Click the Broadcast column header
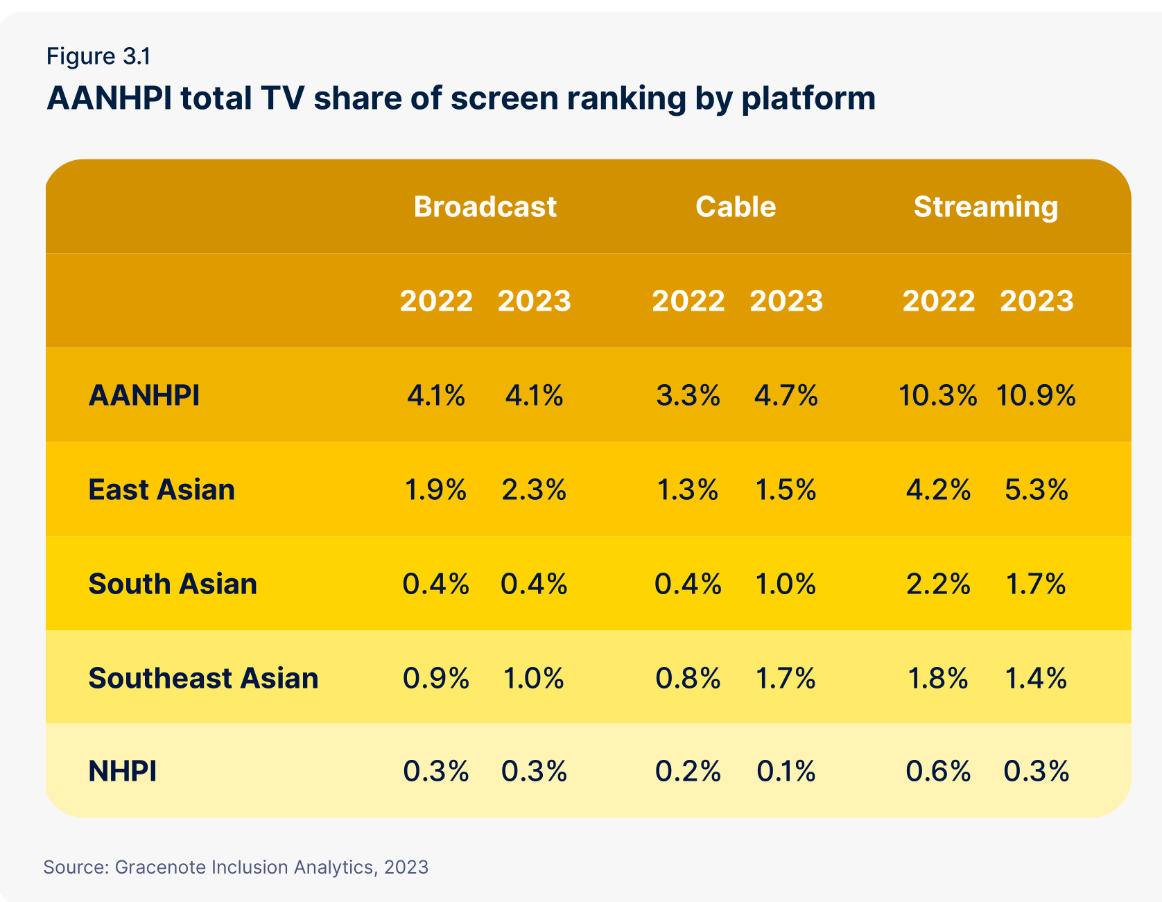pos(485,207)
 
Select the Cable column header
pos(736,207)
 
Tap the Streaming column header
pos(985,207)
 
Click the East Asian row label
pos(162,489)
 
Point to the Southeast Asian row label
pos(203,677)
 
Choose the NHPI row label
pos(123,771)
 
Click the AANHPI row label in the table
pos(144,395)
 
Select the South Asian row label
pos(173,584)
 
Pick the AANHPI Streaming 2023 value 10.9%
pos(1036,395)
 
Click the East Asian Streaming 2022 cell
pos(938,489)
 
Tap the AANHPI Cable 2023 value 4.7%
pos(786,395)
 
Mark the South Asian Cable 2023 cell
pos(786,584)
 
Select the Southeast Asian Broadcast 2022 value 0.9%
pos(436,677)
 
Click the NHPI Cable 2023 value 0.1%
pos(786,771)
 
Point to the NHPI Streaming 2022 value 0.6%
pos(938,771)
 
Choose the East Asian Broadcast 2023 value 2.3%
pos(534,489)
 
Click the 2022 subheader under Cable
pos(688,301)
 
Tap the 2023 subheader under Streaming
pos(1036,301)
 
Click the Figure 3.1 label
pos(98,56)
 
